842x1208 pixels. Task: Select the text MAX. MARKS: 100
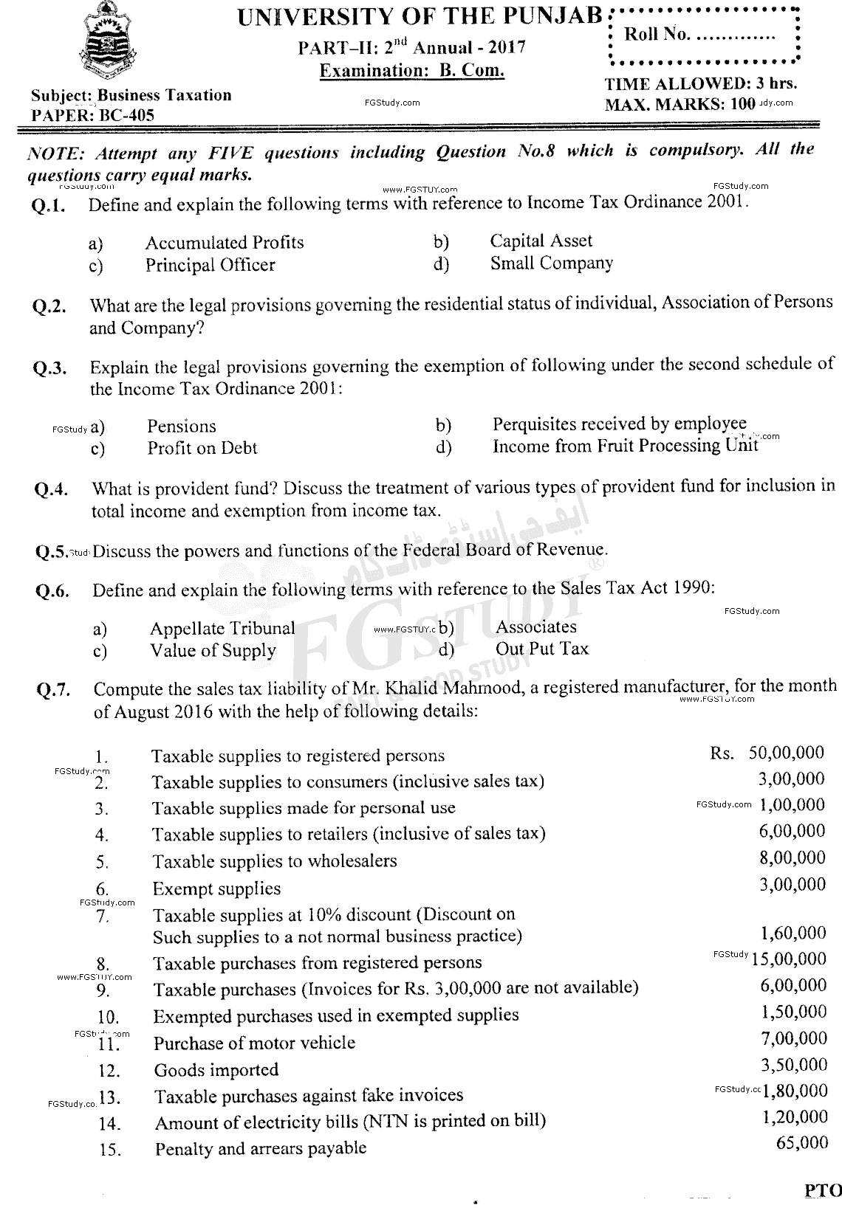(x=680, y=104)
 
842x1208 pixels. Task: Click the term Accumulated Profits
(x=224, y=243)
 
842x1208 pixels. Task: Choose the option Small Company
(x=551, y=263)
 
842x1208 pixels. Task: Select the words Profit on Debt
(x=202, y=448)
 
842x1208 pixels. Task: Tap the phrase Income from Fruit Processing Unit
(x=625, y=446)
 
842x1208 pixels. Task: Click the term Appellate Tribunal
(x=222, y=628)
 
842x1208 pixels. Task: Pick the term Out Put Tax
(x=542, y=649)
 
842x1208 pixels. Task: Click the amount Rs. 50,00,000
(x=767, y=753)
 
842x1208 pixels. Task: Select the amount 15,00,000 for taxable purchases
(x=789, y=959)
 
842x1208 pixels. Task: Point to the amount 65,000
(x=802, y=1142)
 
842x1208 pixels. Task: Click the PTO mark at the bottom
(x=822, y=1190)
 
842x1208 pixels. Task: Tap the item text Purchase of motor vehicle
(x=254, y=1043)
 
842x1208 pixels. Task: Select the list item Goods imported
(x=216, y=1069)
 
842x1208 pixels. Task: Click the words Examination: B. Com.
(x=412, y=71)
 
